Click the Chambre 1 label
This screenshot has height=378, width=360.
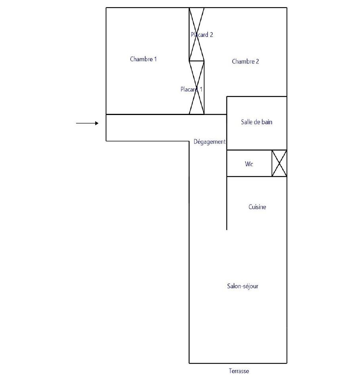coord(144,59)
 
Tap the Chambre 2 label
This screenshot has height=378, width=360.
coord(245,61)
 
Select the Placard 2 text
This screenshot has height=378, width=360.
coord(202,35)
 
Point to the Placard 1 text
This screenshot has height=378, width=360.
coord(191,89)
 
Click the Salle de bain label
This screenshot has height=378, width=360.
coord(257,122)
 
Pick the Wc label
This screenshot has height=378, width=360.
coord(249,164)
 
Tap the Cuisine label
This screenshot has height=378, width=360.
coord(257,207)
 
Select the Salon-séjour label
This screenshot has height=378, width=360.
coord(243,286)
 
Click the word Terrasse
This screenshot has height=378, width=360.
coord(239,371)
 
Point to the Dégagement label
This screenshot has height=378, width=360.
coord(210,142)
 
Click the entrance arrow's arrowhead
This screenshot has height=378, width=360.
coord(97,123)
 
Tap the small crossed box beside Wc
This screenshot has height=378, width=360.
coord(279,163)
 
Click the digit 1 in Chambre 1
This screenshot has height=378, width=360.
coord(155,59)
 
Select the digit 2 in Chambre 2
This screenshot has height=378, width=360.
coord(257,61)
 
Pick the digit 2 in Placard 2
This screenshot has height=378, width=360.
coord(211,35)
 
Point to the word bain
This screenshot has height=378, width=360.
coord(267,122)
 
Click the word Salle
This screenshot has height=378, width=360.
coord(246,122)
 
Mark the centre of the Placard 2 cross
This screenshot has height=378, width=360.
coord(197,34)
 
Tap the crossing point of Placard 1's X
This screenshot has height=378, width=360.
coord(197,87)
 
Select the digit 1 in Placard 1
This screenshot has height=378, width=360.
coord(201,89)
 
